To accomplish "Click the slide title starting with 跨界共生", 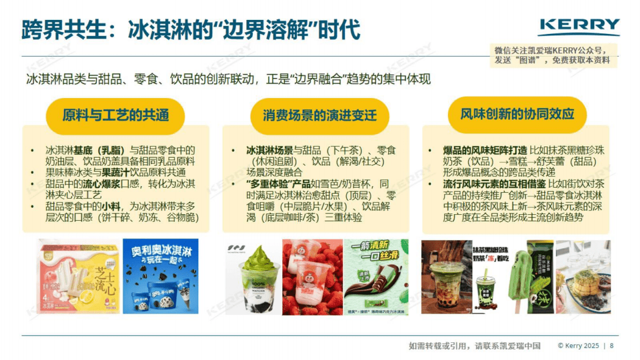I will [191, 30].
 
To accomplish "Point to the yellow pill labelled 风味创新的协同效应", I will [517, 115].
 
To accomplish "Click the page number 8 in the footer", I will [611, 345].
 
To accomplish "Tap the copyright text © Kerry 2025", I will [578, 345].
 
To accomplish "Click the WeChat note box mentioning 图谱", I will [554, 55].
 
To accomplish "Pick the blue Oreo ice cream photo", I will [161, 276].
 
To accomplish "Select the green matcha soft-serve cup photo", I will [253, 277].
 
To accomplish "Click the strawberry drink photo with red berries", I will [312, 277].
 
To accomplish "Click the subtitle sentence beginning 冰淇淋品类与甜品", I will [229, 80].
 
